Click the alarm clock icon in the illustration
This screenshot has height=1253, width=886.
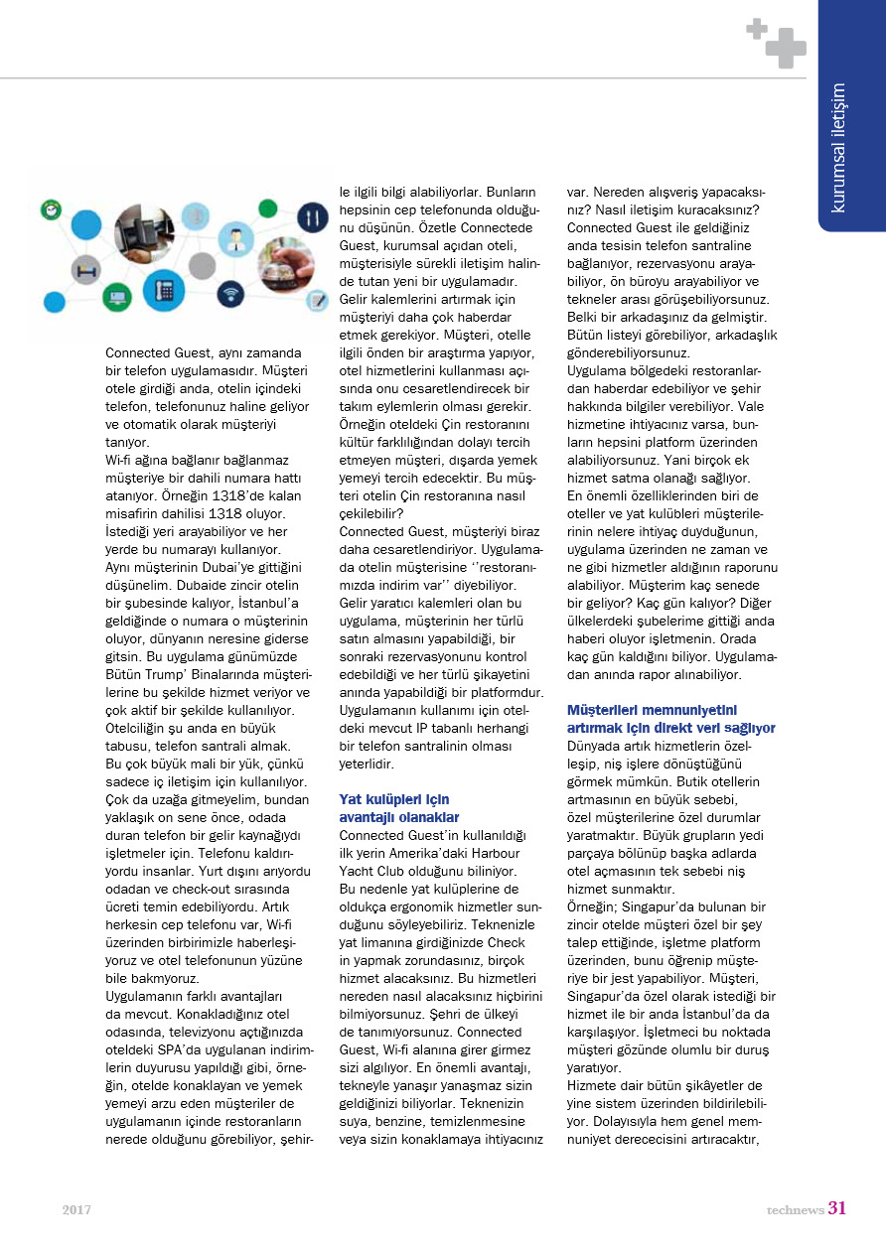pyautogui.click(x=51, y=210)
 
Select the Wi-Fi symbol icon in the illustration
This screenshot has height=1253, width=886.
pyautogui.click(x=230, y=294)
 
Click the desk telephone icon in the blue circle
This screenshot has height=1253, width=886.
pyautogui.click(x=163, y=290)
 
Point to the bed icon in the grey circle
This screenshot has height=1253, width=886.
pyautogui.click(x=85, y=269)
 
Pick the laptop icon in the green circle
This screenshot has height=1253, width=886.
pyautogui.click(x=117, y=297)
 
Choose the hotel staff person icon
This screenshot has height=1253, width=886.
pyautogui.click(x=236, y=239)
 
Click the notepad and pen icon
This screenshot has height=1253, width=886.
pyautogui.click(x=318, y=300)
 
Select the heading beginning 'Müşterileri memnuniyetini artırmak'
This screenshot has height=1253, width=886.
pyautogui.click(x=670, y=719)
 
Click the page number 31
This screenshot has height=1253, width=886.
pyautogui.click(x=837, y=1208)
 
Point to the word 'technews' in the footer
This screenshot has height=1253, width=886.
pyautogui.click(x=795, y=1209)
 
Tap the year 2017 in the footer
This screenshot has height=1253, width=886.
pyautogui.click(x=76, y=1209)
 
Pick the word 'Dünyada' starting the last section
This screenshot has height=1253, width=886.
pyautogui.click(x=594, y=744)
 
